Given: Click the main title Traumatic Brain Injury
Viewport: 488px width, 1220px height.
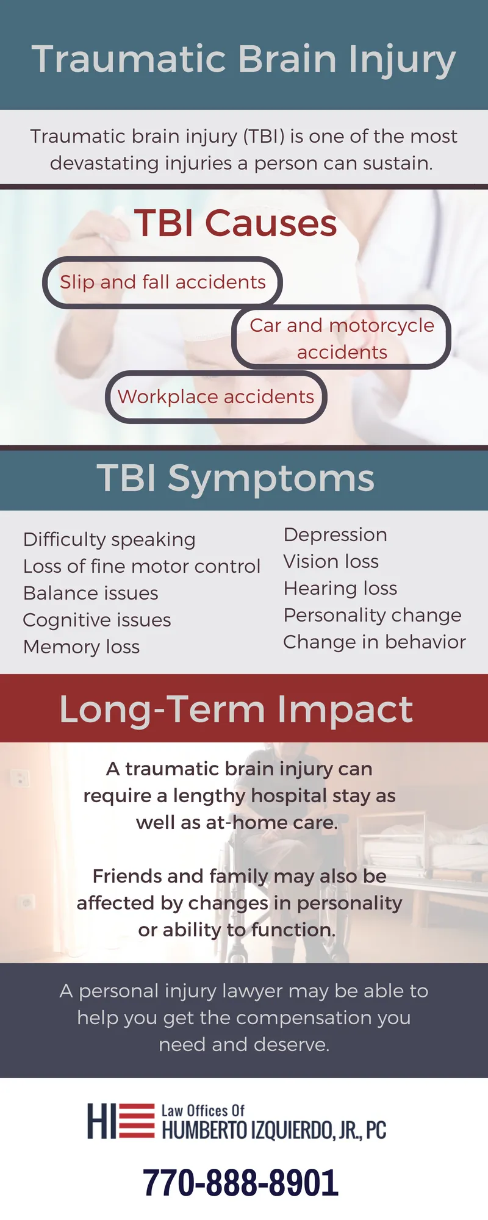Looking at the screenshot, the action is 244,60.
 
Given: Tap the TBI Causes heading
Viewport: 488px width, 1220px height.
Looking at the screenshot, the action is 235,223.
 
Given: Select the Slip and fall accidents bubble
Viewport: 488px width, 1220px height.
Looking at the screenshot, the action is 162,282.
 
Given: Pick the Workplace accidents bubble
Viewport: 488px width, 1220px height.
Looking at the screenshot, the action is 216,396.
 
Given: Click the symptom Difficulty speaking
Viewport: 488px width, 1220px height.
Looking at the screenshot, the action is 109,540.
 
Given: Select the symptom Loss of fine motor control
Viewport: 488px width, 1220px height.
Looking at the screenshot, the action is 142,566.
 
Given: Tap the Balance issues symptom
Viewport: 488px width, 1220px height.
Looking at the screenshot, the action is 91,593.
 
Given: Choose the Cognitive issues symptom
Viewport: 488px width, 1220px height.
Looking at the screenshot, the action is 97,620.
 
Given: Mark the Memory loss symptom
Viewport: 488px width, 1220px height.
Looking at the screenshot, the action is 82,647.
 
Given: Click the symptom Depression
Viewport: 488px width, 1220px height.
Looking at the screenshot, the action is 335,535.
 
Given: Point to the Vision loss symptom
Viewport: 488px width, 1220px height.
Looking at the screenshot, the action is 331,561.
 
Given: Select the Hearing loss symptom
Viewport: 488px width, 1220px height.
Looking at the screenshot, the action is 340,589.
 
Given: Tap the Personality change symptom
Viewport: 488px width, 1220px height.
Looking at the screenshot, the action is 373,615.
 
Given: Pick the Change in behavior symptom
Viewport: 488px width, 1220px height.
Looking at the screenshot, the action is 375,642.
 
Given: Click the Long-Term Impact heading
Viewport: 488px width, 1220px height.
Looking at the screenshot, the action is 236,709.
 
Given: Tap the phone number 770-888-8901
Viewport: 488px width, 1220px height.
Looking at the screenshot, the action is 240,1183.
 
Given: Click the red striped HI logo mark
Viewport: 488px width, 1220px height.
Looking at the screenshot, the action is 121,1121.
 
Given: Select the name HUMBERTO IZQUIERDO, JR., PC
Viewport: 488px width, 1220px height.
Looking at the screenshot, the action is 274,1130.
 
